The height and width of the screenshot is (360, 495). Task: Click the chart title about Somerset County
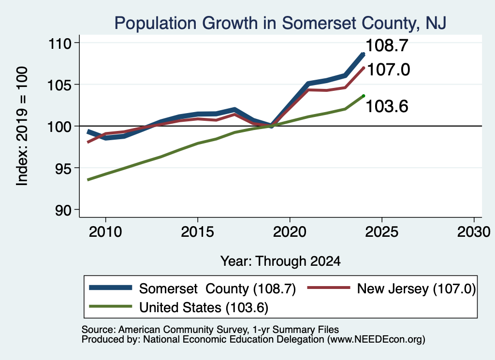[x=280, y=23]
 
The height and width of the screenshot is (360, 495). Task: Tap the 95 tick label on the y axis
[x=63, y=168]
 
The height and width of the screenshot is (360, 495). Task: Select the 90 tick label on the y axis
[x=63, y=210]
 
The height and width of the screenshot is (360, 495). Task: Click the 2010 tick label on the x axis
[x=105, y=232]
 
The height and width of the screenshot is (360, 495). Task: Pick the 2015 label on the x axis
[x=198, y=232]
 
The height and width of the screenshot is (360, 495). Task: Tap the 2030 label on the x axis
[x=474, y=232]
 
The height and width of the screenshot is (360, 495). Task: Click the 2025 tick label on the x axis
[x=382, y=232]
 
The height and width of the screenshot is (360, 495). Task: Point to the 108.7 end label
[x=387, y=46]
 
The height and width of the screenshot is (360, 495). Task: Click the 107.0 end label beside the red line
[x=389, y=70]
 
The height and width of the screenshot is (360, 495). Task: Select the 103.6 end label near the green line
[x=387, y=106]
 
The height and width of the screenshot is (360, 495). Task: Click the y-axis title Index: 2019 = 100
[x=22, y=126]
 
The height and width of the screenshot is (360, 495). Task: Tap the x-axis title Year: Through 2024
[x=280, y=261]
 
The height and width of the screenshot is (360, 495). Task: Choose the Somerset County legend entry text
[x=218, y=288]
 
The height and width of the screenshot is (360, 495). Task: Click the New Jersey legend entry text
[x=416, y=288]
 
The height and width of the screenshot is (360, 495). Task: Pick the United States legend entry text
[x=204, y=307]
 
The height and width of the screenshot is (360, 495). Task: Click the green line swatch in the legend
[x=111, y=306]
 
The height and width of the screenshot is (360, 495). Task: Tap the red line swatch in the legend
[x=329, y=288]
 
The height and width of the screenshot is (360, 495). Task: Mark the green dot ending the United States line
[x=364, y=96]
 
